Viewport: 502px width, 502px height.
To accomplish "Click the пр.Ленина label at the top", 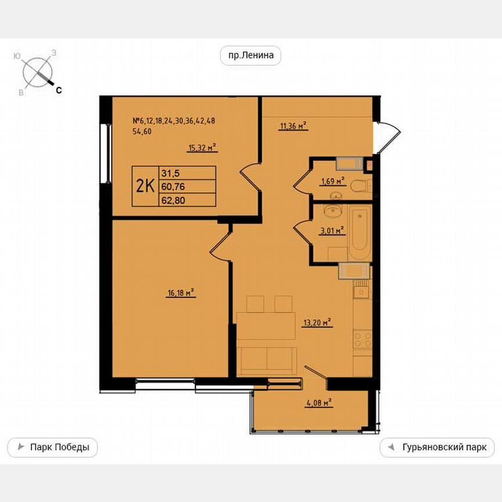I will (250, 56).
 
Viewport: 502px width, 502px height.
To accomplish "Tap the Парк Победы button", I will (52, 447).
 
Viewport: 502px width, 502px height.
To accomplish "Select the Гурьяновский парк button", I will (437, 447).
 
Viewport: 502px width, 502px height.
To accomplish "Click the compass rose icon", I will (38, 72).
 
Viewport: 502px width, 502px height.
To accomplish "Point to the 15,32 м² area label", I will (202, 148).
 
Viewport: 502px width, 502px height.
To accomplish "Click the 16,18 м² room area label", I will (180, 294).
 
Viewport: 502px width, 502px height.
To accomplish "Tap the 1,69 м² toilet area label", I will (332, 181).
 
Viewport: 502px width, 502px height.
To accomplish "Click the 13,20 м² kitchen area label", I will (317, 322).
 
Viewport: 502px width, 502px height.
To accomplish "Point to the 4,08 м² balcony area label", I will (318, 402).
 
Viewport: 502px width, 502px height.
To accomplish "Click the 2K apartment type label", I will (145, 186).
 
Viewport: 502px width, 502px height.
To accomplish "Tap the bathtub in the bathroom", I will (360, 232).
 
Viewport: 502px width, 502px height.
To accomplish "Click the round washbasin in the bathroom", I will (334, 210).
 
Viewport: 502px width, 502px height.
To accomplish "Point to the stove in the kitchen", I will (363, 339).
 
